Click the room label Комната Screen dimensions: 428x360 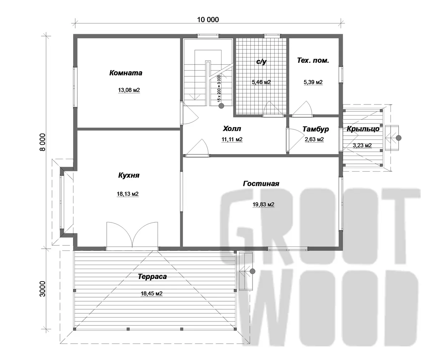(x=126, y=73)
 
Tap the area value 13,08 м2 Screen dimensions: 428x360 (x=129, y=90)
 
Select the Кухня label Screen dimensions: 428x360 (x=129, y=175)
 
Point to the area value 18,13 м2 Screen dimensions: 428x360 (x=128, y=194)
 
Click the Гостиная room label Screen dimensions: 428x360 (x=261, y=183)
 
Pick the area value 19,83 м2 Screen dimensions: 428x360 (x=264, y=204)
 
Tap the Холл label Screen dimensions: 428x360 (x=232, y=129)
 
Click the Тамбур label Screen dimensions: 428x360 (x=316, y=129)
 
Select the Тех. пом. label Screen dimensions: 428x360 (x=313, y=61)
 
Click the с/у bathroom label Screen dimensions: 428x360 (x=261, y=62)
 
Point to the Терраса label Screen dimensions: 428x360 (x=152, y=277)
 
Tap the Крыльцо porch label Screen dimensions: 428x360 (x=363, y=129)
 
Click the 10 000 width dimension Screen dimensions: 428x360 (x=208, y=20)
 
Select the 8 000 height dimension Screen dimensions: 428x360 (x=43, y=142)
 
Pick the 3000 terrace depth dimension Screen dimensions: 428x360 (x=42, y=289)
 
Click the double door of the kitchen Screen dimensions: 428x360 (x=132, y=235)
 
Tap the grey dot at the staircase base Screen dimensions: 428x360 (x=221, y=106)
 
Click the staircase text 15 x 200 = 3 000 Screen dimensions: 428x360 (x=219, y=88)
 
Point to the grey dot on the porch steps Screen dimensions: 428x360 (x=398, y=138)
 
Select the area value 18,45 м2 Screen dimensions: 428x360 (x=152, y=294)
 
